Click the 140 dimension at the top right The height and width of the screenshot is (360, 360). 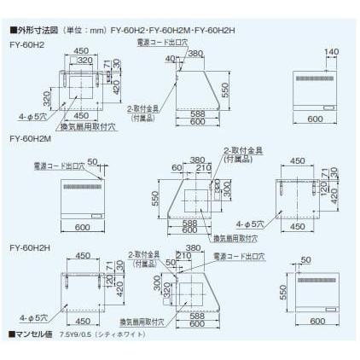pyautogui.click(x=332, y=53)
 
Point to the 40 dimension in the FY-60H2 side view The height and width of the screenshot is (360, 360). pyautogui.click(x=171, y=58)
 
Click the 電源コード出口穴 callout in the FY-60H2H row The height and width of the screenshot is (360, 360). pyautogui.click(x=239, y=255)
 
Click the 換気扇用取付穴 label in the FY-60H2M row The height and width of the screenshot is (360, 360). pyautogui.click(x=235, y=238)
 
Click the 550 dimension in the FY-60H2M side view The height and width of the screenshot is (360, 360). pyautogui.click(x=156, y=199)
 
